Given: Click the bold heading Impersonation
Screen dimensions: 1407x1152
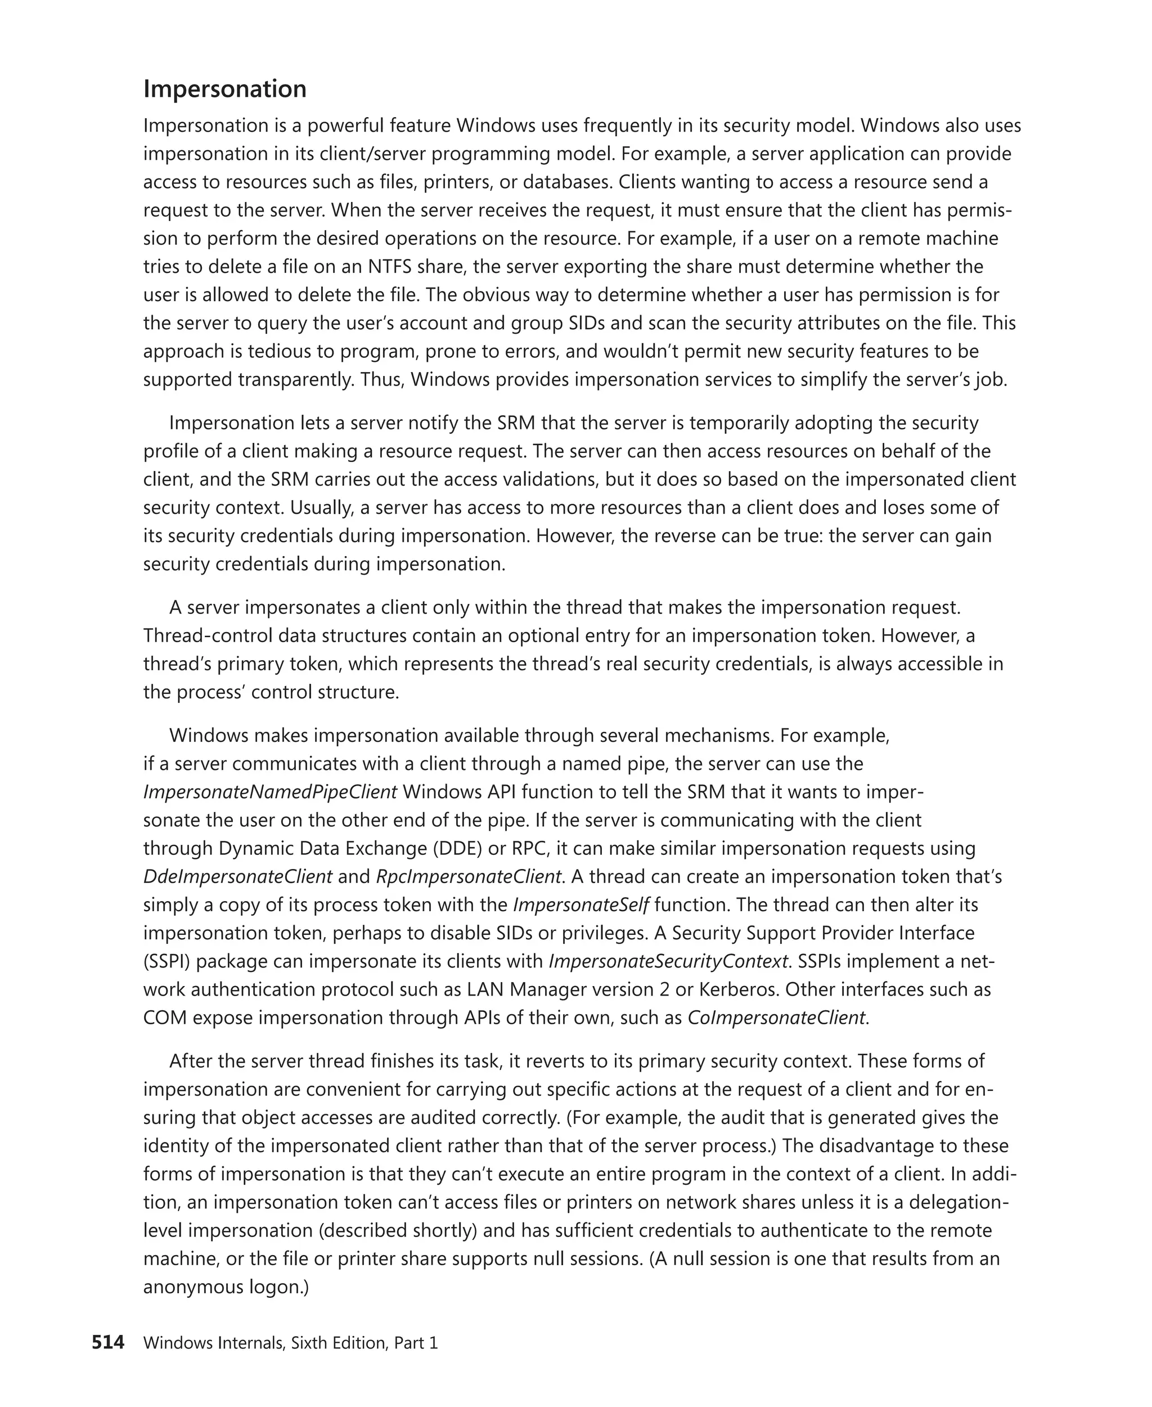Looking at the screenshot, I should coord(224,89).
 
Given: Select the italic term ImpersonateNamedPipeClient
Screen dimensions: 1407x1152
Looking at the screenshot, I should coord(269,792).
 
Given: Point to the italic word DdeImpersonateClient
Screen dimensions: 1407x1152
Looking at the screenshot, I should coord(237,876).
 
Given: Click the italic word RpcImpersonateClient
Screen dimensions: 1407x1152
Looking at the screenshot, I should coord(468,876).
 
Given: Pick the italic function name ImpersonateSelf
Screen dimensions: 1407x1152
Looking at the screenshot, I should coord(580,905).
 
